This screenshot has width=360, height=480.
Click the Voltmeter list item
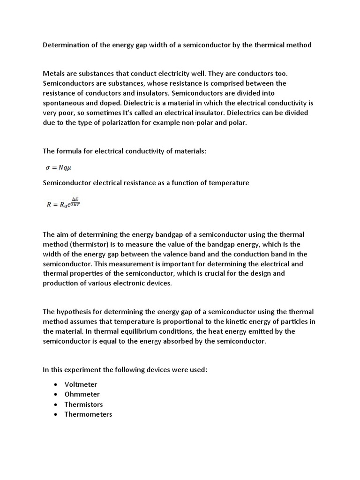[x=81, y=384]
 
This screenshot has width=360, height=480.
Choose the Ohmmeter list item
[x=82, y=394]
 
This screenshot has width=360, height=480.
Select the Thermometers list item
[x=88, y=414]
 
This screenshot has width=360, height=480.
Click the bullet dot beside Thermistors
[x=55, y=404]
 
